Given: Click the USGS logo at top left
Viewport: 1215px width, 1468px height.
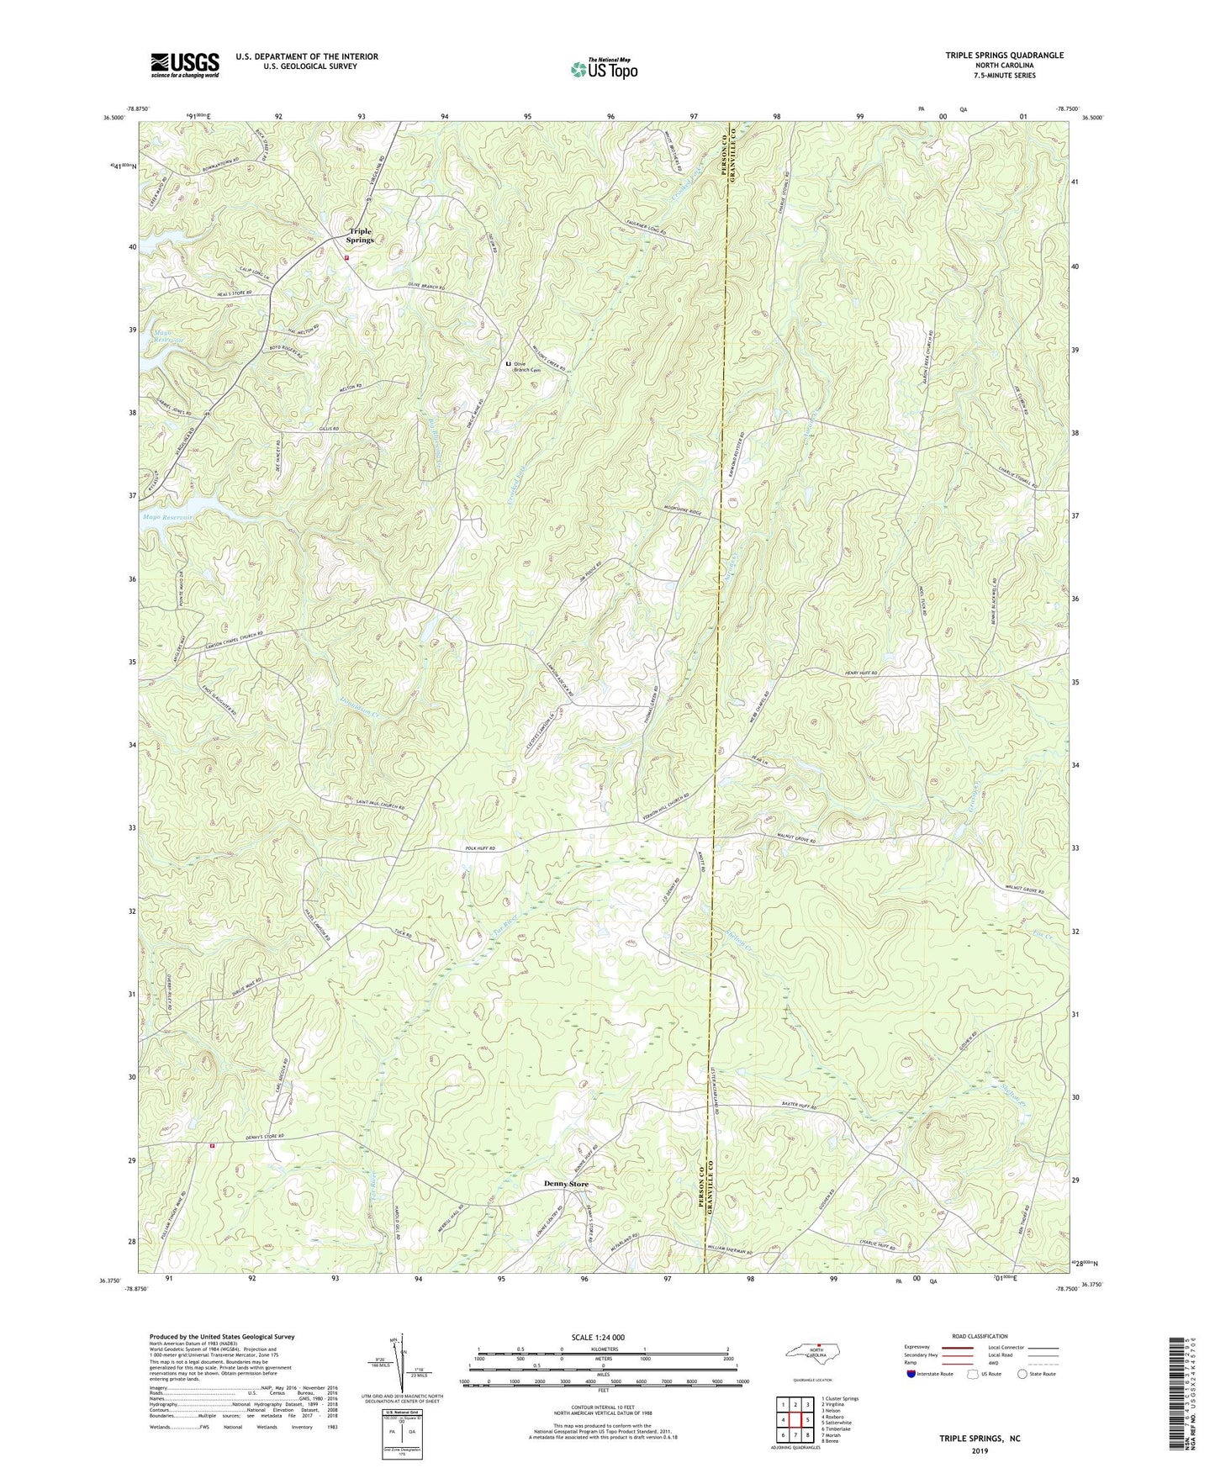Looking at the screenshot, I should pyautogui.click(x=185, y=65).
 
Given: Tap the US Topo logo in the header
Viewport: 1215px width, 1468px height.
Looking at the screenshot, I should pyautogui.click(x=604, y=69).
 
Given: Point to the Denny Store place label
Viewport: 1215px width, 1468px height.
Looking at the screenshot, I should pyautogui.click(x=566, y=1184).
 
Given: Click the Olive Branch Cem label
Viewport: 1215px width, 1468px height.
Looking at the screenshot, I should pyautogui.click(x=527, y=367).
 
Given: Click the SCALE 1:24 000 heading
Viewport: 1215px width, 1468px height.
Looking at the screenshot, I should pyautogui.click(x=597, y=1337).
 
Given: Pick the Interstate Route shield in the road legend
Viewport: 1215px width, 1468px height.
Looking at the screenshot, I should pyautogui.click(x=913, y=1374).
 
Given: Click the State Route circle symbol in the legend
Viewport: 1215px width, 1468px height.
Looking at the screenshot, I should pyautogui.click(x=1022, y=1374).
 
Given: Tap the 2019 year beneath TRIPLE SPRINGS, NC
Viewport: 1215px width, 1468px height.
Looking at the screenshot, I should pyautogui.click(x=980, y=1450).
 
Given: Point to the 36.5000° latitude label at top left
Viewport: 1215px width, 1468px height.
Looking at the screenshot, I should pyautogui.click(x=112, y=119).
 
